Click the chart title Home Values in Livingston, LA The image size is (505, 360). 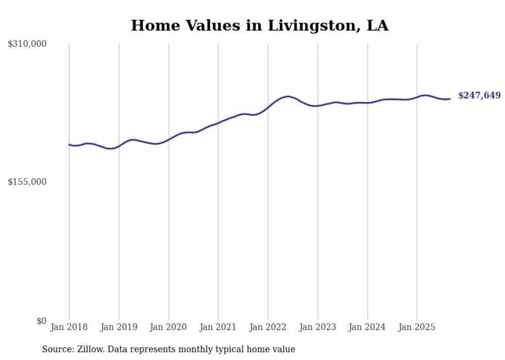click(260, 25)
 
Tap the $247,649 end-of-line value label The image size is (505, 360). click(479, 95)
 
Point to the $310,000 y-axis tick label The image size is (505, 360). click(27, 44)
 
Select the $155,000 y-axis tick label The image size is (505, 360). click(27, 182)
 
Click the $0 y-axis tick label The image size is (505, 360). click(41, 321)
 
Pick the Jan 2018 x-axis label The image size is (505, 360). click(69, 327)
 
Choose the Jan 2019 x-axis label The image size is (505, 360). click(119, 327)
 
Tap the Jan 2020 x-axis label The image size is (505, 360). click(169, 327)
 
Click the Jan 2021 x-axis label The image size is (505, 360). click(218, 327)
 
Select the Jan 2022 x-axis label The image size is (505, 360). click(268, 327)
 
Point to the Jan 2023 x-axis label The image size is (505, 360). click(317, 327)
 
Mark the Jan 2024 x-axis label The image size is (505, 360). click(367, 327)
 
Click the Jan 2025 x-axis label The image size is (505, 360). click(417, 327)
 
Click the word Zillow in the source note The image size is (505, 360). click(88, 349)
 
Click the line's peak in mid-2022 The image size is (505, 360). click(288, 96)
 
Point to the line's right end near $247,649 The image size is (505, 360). click(450, 99)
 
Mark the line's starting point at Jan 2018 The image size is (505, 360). click(69, 144)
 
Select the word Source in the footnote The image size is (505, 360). click(55, 349)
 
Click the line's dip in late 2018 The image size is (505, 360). click(110, 148)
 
